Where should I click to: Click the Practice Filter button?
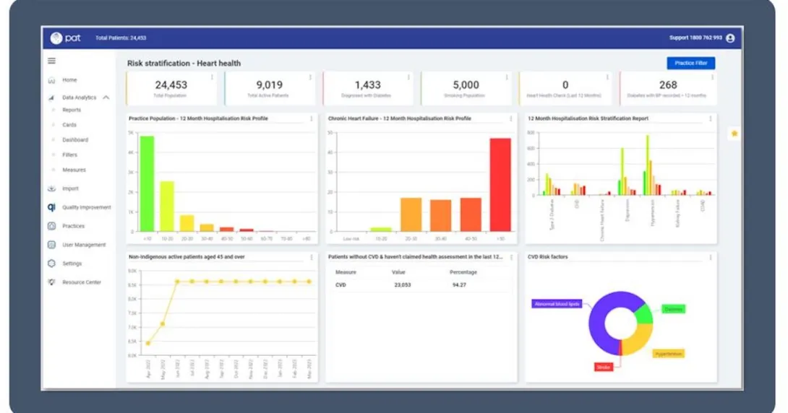click(x=690, y=63)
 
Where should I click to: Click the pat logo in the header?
click(x=66, y=38)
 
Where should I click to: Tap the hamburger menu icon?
click(x=51, y=61)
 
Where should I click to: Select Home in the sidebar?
click(x=69, y=80)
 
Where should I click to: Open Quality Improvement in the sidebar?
click(x=86, y=207)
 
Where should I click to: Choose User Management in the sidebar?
click(x=84, y=245)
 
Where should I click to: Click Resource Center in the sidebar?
click(x=82, y=282)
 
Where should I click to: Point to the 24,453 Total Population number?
click(x=171, y=85)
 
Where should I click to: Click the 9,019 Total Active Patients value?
click(x=269, y=85)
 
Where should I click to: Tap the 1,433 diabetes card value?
click(x=367, y=85)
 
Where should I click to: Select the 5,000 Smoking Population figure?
click(x=466, y=85)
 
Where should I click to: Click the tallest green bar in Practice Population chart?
click(x=147, y=183)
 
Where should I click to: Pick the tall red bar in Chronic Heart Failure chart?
click(x=500, y=185)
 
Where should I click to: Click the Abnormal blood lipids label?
click(x=557, y=304)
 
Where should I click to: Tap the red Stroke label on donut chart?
click(x=604, y=367)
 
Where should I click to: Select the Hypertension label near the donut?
click(x=668, y=354)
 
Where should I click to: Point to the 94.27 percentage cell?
click(x=458, y=285)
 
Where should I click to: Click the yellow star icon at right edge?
click(x=735, y=134)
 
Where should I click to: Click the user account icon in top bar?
click(x=730, y=38)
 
